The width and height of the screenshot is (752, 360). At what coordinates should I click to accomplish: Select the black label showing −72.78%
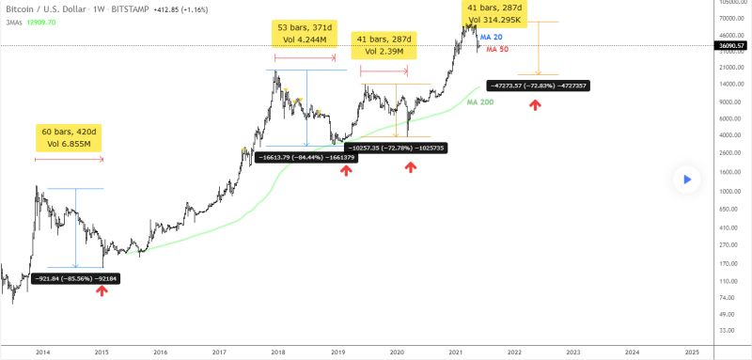[x=396, y=148]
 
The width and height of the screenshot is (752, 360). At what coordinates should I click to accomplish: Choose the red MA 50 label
[x=497, y=49]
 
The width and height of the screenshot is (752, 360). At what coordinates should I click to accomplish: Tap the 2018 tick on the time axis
[x=278, y=351]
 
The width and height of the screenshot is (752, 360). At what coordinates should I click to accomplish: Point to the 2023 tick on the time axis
[x=573, y=351]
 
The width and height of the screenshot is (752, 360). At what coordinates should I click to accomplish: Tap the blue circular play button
[x=688, y=178]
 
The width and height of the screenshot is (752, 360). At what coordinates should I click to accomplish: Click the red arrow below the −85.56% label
[x=102, y=291]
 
